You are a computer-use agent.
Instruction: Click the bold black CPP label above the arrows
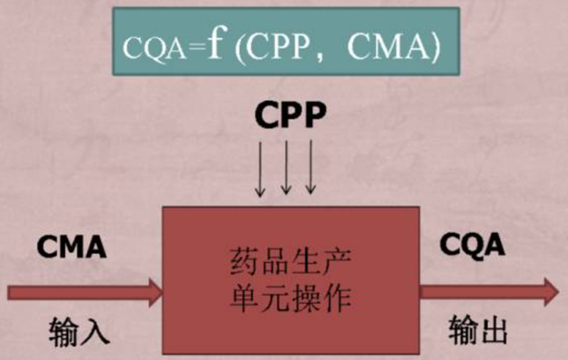[290, 115]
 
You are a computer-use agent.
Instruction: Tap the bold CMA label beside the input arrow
[71, 247]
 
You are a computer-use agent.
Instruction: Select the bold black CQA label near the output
[472, 245]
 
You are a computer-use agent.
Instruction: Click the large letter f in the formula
[217, 44]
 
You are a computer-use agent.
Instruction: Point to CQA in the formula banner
[154, 49]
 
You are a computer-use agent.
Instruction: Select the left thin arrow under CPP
[259, 169]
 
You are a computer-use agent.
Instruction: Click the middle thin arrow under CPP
[286, 168]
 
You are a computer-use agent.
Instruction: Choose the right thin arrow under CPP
[310, 167]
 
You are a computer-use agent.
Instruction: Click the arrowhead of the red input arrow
[155, 293]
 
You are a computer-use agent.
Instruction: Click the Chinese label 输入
[79, 331]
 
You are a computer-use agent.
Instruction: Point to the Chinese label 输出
[478, 329]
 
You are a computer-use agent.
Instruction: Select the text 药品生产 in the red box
[290, 261]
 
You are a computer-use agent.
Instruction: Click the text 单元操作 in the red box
[290, 299]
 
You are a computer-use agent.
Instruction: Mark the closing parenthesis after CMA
[435, 49]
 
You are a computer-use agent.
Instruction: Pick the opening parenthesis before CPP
[241, 49]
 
